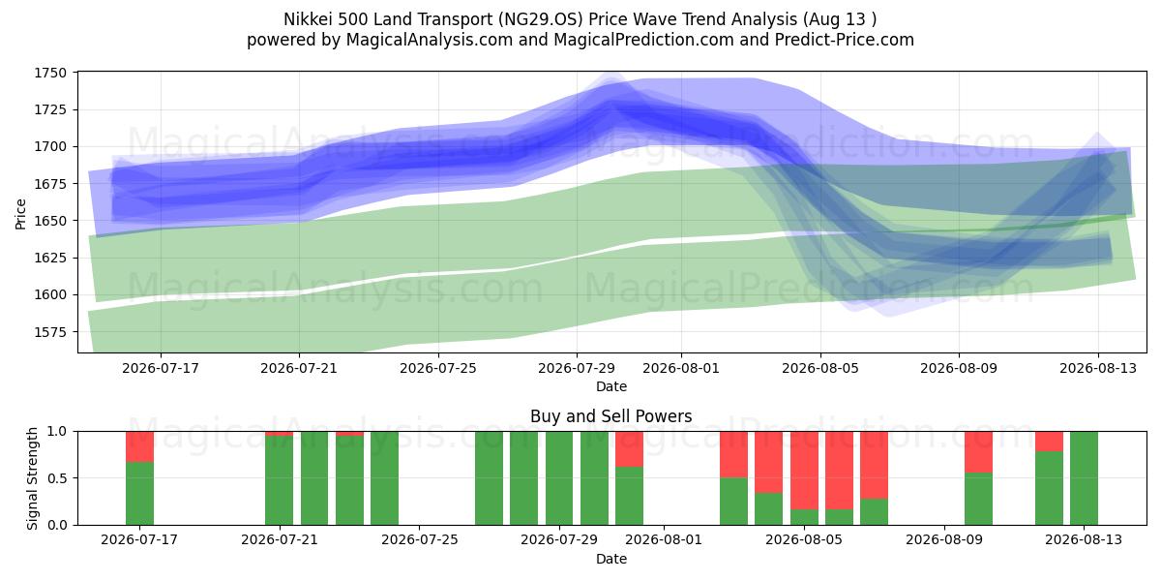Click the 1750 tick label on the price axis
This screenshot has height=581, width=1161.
[x=50, y=73]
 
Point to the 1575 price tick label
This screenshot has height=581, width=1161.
[x=50, y=332]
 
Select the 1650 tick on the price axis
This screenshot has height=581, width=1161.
[x=50, y=221]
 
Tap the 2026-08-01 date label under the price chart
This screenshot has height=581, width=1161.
[x=681, y=368]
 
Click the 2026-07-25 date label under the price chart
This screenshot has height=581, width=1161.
[x=438, y=368]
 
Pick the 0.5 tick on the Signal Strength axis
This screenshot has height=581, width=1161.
[x=57, y=477]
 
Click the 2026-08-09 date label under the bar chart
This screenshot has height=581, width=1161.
[x=944, y=540]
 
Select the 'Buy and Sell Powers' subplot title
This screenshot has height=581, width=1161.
[x=611, y=416]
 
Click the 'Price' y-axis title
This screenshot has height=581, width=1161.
[x=20, y=214]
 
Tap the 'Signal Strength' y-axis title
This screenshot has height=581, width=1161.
[x=32, y=478]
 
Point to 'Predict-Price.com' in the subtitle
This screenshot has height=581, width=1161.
[x=845, y=40]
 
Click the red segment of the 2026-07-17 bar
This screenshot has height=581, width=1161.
[x=140, y=446]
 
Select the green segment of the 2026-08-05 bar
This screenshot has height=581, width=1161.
[x=804, y=517]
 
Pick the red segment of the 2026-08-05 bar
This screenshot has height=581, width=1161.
[x=804, y=471]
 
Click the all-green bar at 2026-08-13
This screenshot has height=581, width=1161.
[x=1084, y=478]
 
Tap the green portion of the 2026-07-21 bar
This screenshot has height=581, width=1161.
[x=280, y=480]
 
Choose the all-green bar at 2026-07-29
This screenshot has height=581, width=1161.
[x=559, y=478]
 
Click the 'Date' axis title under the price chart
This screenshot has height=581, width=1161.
[x=611, y=387]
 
